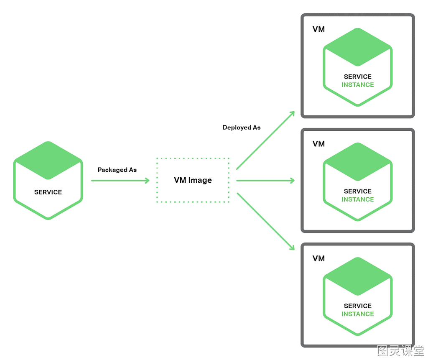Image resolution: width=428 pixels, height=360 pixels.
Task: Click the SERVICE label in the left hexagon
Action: (48, 192)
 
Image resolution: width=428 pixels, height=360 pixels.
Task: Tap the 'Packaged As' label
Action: (117, 170)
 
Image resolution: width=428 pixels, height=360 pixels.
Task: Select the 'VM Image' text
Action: (193, 180)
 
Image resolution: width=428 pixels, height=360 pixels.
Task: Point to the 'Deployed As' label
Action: (242, 128)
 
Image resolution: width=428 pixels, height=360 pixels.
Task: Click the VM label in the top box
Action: (318, 29)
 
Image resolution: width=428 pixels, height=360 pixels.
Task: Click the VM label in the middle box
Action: (318, 144)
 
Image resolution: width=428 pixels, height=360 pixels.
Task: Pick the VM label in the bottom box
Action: (318, 258)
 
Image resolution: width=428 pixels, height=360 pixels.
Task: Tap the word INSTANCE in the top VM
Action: (358, 85)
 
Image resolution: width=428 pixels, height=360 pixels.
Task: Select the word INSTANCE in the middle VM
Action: (358, 199)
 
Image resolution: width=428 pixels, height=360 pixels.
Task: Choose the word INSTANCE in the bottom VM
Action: (358, 314)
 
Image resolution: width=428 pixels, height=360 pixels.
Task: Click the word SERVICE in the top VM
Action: (358, 77)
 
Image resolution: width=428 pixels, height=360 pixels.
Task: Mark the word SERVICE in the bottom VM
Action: (358, 306)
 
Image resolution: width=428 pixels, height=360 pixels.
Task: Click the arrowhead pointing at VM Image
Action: (148, 181)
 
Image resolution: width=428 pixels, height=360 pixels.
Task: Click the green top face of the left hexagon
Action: (48, 160)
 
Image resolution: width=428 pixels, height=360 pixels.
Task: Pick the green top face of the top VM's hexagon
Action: (358, 47)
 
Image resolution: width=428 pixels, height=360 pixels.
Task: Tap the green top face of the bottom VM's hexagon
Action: (358, 276)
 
